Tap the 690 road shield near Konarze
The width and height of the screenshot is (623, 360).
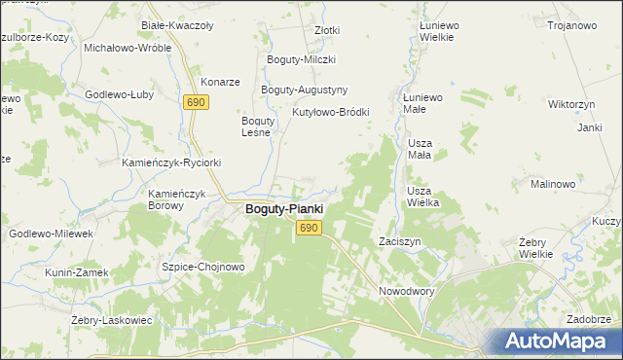[197, 102]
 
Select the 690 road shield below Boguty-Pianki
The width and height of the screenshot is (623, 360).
[309, 228]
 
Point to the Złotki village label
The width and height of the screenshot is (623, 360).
[327, 30]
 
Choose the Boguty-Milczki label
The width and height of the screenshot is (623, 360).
[302, 60]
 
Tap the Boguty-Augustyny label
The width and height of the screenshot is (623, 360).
[305, 90]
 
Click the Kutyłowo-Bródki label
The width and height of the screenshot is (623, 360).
[331, 112]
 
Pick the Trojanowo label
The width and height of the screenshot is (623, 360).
[571, 25]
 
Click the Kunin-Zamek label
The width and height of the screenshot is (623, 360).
[72, 272]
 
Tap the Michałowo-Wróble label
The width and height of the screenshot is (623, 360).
[128, 47]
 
